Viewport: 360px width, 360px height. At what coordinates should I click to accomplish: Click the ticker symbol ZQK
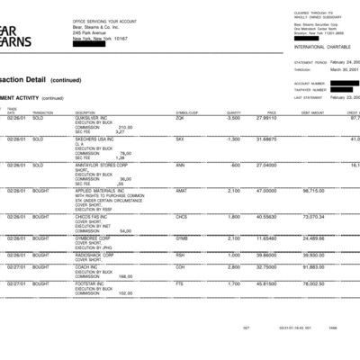click(x=180, y=118)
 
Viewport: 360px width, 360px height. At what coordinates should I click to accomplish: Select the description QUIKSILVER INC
click(x=92, y=118)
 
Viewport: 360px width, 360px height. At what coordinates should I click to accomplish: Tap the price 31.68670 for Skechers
click(x=267, y=139)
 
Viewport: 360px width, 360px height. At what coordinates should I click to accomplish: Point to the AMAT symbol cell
click(x=182, y=191)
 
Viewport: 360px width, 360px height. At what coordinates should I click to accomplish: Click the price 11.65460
click(x=267, y=238)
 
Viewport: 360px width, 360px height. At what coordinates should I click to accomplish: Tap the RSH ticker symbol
click(x=180, y=255)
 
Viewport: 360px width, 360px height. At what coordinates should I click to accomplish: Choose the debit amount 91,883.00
click(x=311, y=267)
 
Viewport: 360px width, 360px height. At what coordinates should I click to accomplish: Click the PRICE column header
click(x=271, y=112)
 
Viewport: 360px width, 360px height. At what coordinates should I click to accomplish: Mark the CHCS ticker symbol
click(x=182, y=217)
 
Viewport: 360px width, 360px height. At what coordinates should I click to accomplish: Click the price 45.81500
click(x=267, y=283)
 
